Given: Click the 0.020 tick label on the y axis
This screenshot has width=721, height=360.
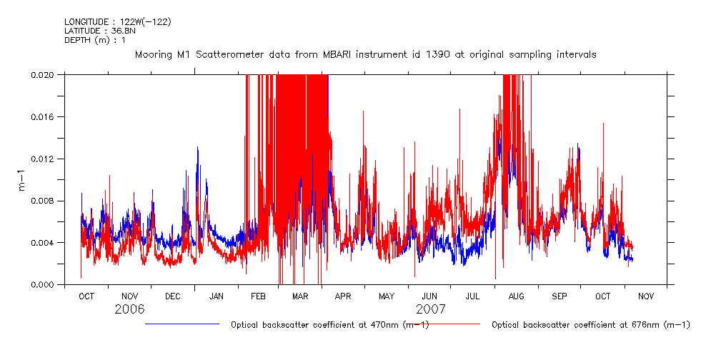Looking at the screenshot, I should point(46,74).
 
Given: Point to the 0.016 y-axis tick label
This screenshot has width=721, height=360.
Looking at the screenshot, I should point(46,116).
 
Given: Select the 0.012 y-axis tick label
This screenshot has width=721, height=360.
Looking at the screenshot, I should point(46,159).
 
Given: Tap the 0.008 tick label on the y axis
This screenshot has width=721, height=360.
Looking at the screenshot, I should point(46,201).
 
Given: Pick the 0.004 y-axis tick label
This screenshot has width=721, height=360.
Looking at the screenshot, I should point(46,243).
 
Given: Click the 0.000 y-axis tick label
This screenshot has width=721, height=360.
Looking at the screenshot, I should point(46,285).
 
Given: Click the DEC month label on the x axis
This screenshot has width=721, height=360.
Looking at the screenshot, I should point(172,296).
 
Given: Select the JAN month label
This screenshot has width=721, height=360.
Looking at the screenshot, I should point(216,296).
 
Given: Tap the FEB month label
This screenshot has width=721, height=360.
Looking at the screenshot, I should point(258,296).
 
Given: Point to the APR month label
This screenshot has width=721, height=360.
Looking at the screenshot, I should point(343,296).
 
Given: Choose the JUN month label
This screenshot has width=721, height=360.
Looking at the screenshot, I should point(429,296).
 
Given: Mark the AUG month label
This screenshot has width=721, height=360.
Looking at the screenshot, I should point(516,296).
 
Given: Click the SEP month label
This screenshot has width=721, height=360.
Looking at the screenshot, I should point(559,296).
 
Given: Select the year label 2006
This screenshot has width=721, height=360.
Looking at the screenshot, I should point(129,309).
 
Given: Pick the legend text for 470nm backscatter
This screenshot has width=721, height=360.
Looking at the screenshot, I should point(329,325).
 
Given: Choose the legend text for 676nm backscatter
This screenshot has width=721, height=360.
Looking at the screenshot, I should point(590,325).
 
